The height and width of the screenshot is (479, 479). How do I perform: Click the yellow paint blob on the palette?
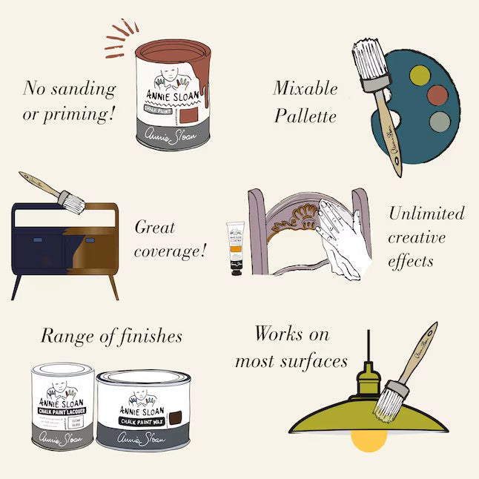click(x=420, y=74)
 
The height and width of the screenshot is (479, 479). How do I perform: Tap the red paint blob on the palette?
click(x=440, y=96)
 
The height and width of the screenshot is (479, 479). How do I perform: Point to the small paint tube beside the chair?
click(x=237, y=246)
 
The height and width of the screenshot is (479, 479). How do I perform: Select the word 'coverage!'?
click(x=171, y=251)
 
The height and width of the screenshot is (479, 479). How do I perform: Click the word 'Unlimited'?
click(x=426, y=214)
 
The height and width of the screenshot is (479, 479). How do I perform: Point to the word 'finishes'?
click(x=147, y=336)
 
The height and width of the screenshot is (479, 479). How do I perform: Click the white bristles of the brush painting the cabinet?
click(x=72, y=201)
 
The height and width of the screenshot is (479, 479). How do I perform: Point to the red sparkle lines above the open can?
click(x=120, y=38)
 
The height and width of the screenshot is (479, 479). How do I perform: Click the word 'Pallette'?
click(x=305, y=116)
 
